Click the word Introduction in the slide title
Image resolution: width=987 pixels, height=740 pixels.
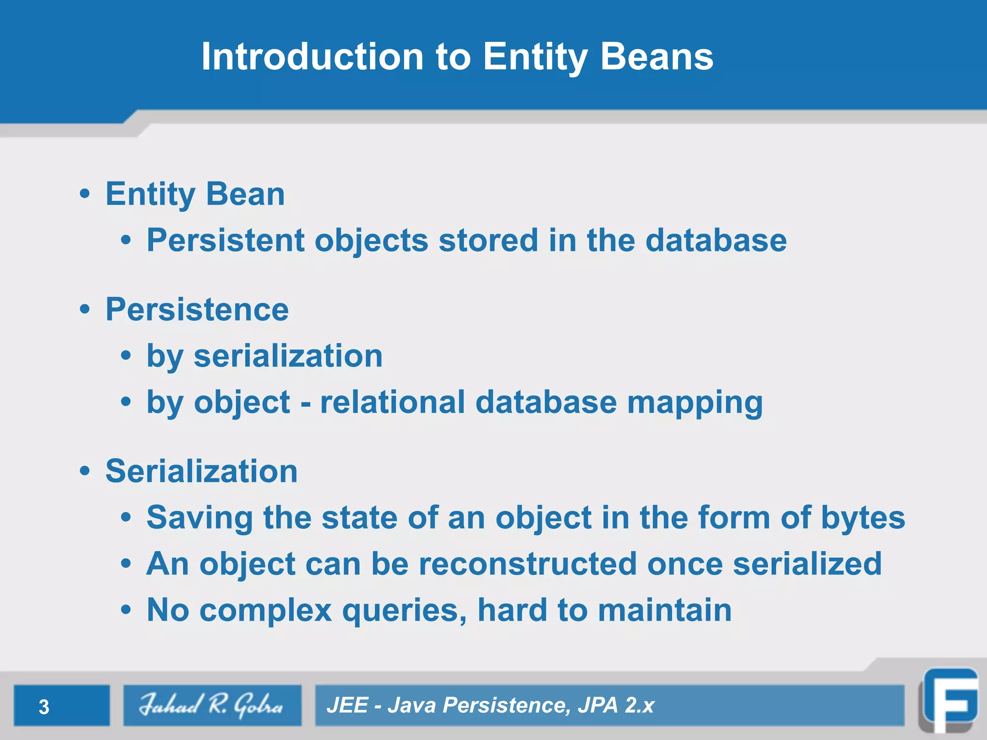tap(312, 56)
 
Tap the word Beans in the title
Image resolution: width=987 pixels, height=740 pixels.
tap(656, 56)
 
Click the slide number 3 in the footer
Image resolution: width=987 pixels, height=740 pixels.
tap(44, 707)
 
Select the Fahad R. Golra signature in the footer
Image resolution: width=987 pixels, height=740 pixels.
tap(211, 705)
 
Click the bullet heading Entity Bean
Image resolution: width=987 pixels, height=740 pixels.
tap(195, 194)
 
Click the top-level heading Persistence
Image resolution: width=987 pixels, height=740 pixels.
tap(197, 309)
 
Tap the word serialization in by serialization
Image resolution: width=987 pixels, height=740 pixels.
tap(288, 356)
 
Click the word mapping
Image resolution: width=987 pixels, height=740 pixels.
tap(695, 403)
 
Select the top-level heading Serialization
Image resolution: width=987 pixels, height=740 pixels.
tap(201, 471)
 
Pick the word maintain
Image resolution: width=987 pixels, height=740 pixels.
tap(665, 610)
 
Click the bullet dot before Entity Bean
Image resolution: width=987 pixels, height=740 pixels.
tap(85, 194)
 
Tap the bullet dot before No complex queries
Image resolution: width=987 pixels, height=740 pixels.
tap(126, 610)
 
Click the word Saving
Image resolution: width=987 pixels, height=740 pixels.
tap(200, 518)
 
